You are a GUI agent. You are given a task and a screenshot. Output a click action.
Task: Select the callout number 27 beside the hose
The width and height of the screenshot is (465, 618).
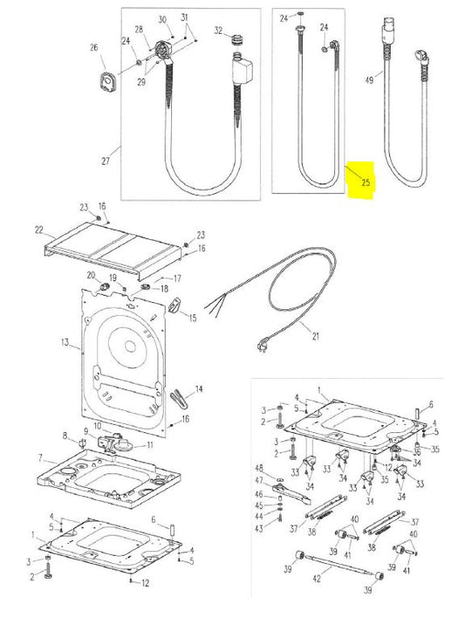(x=106, y=161)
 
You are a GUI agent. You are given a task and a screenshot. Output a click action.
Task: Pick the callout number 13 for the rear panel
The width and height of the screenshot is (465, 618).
(x=64, y=344)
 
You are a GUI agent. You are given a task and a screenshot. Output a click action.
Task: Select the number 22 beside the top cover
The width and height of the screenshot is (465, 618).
(x=38, y=230)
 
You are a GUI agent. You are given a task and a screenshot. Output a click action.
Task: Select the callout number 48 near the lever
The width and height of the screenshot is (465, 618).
(x=259, y=469)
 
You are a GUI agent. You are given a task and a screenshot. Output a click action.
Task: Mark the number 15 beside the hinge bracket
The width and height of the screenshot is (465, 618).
(x=192, y=319)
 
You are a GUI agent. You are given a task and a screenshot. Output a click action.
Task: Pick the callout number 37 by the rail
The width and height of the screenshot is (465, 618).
(x=293, y=528)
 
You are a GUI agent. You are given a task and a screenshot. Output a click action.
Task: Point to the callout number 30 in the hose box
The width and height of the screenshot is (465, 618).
(x=162, y=19)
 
